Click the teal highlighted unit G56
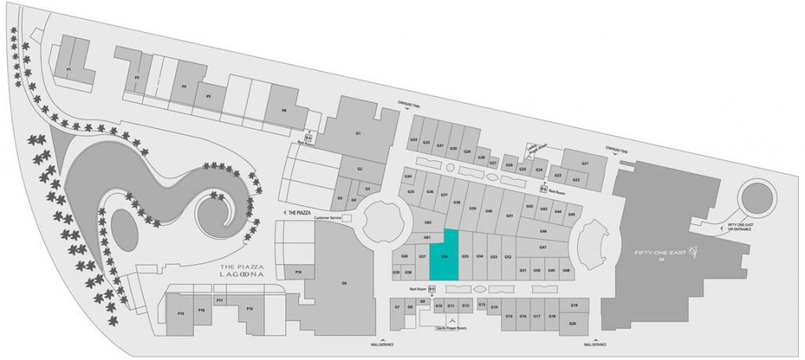444,255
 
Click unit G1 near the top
358,134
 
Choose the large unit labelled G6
344,283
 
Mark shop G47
542,248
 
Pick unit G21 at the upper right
585,163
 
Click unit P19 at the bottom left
181,314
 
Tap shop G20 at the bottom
573,323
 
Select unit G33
414,140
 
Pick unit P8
284,111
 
